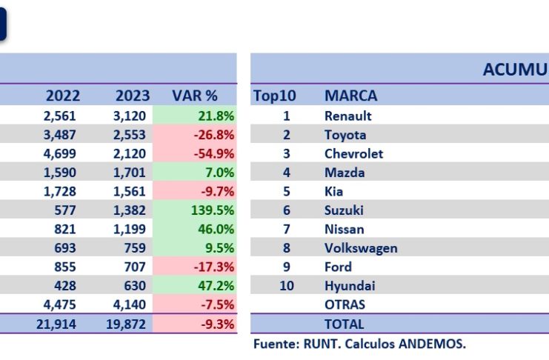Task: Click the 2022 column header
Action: pyautogui.click(x=63, y=96)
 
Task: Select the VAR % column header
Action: pyautogui.click(x=195, y=96)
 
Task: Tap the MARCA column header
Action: pyautogui.click(x=350, y=96)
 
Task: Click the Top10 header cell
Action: pyautogui.click(x=276, y=96)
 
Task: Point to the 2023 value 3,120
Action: pyautogui.click(x=133, y=116)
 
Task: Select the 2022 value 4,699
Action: pyautogui.click(x=64, y=154)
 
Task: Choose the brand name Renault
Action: pyautogui.click(x=348, y=116)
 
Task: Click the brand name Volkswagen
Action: pyautogui.click(x=361, y=248)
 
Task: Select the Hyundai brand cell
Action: pyautogui.click(x=350, y=286)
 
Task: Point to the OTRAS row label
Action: pyautogui.click(x=345, y=304)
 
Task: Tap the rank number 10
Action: pyautogui.click(x=286, y=286)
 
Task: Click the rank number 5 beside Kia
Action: pyautogui.click(x=286, y=192)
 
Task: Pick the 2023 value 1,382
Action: pyautogui.click(x=133, y=210)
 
